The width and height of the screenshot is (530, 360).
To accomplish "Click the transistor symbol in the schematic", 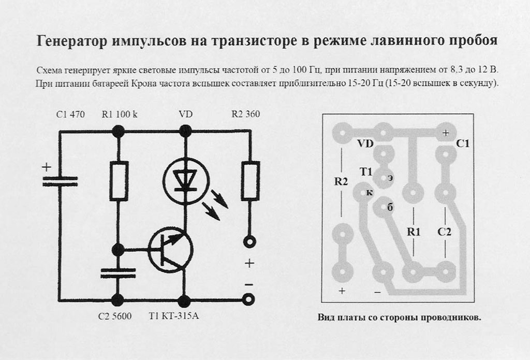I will (x=169, y=250).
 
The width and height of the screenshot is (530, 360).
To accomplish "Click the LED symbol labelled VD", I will (x=185, y=179).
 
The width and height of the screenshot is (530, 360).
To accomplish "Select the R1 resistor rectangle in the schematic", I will (x=119, y=181).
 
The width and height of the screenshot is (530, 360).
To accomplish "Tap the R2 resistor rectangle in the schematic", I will (x=251, y=181).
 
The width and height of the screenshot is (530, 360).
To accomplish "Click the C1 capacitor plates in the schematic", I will (x=60, y=181).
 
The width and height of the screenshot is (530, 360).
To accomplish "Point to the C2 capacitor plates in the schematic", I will (x=119, y=273).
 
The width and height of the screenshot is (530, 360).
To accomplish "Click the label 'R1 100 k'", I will (x=120, y=114).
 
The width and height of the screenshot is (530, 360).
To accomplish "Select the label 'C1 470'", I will (x=70, y=114).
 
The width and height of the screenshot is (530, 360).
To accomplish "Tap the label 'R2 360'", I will (x=245, y=114).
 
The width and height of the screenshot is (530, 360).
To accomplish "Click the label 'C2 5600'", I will (x=115, y=316).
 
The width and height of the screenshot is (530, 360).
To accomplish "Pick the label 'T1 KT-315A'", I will (x=173, y=316).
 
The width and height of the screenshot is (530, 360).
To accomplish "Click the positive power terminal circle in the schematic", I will (x=250, y=241).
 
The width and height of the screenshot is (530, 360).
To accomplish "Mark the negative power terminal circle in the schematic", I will (x=250, y=299).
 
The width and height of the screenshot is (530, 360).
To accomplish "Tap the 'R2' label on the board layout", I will (x=341, y=182).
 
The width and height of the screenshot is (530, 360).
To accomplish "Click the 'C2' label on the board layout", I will (x=444, y=232).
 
